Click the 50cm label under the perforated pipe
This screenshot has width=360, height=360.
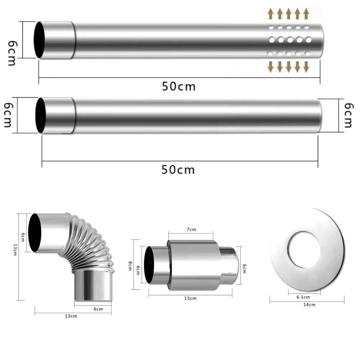coord(179,87)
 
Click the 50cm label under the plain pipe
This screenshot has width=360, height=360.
coord(178,170)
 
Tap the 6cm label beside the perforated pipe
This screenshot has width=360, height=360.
coord(12,53)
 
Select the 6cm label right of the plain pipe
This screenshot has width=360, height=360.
coord(348,115)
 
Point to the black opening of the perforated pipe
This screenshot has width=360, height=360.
coord(39,40)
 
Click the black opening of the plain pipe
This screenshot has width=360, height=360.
coord(41,115)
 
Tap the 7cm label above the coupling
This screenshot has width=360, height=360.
coord(191,229)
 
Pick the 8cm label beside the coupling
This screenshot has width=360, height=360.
coord(130,266)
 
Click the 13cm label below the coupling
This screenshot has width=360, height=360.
coord(190,298)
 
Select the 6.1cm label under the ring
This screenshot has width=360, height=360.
coord(303,297)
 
